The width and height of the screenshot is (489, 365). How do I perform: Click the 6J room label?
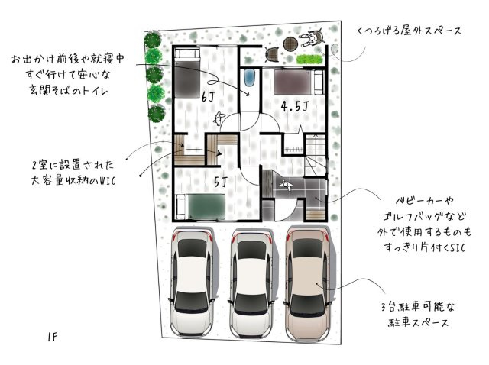pos(208,97)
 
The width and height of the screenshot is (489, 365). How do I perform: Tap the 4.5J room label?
pos(293,105)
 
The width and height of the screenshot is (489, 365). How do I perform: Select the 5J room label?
pos(219,182)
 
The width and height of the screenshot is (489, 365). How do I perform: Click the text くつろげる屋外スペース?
pos(409,31)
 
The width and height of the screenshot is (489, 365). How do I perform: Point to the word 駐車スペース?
pos(417,323)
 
